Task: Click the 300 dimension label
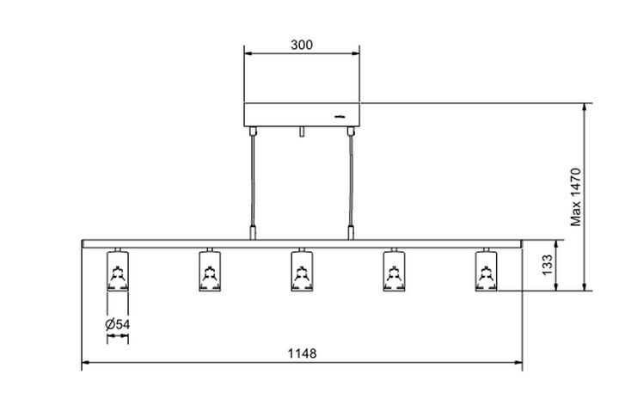tap(302, 45)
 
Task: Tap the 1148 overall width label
tap(302, 353)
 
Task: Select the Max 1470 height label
tap(576, 197)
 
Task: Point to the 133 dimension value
tap(547, 265)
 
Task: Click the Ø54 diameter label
tap(117, 324)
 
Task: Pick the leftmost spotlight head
tap(118, 270)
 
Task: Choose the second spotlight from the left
tap(210, 270)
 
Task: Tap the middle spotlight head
tap(302, 270)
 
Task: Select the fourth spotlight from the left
tap(394, 270)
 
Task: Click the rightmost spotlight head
tap(487, 270)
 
